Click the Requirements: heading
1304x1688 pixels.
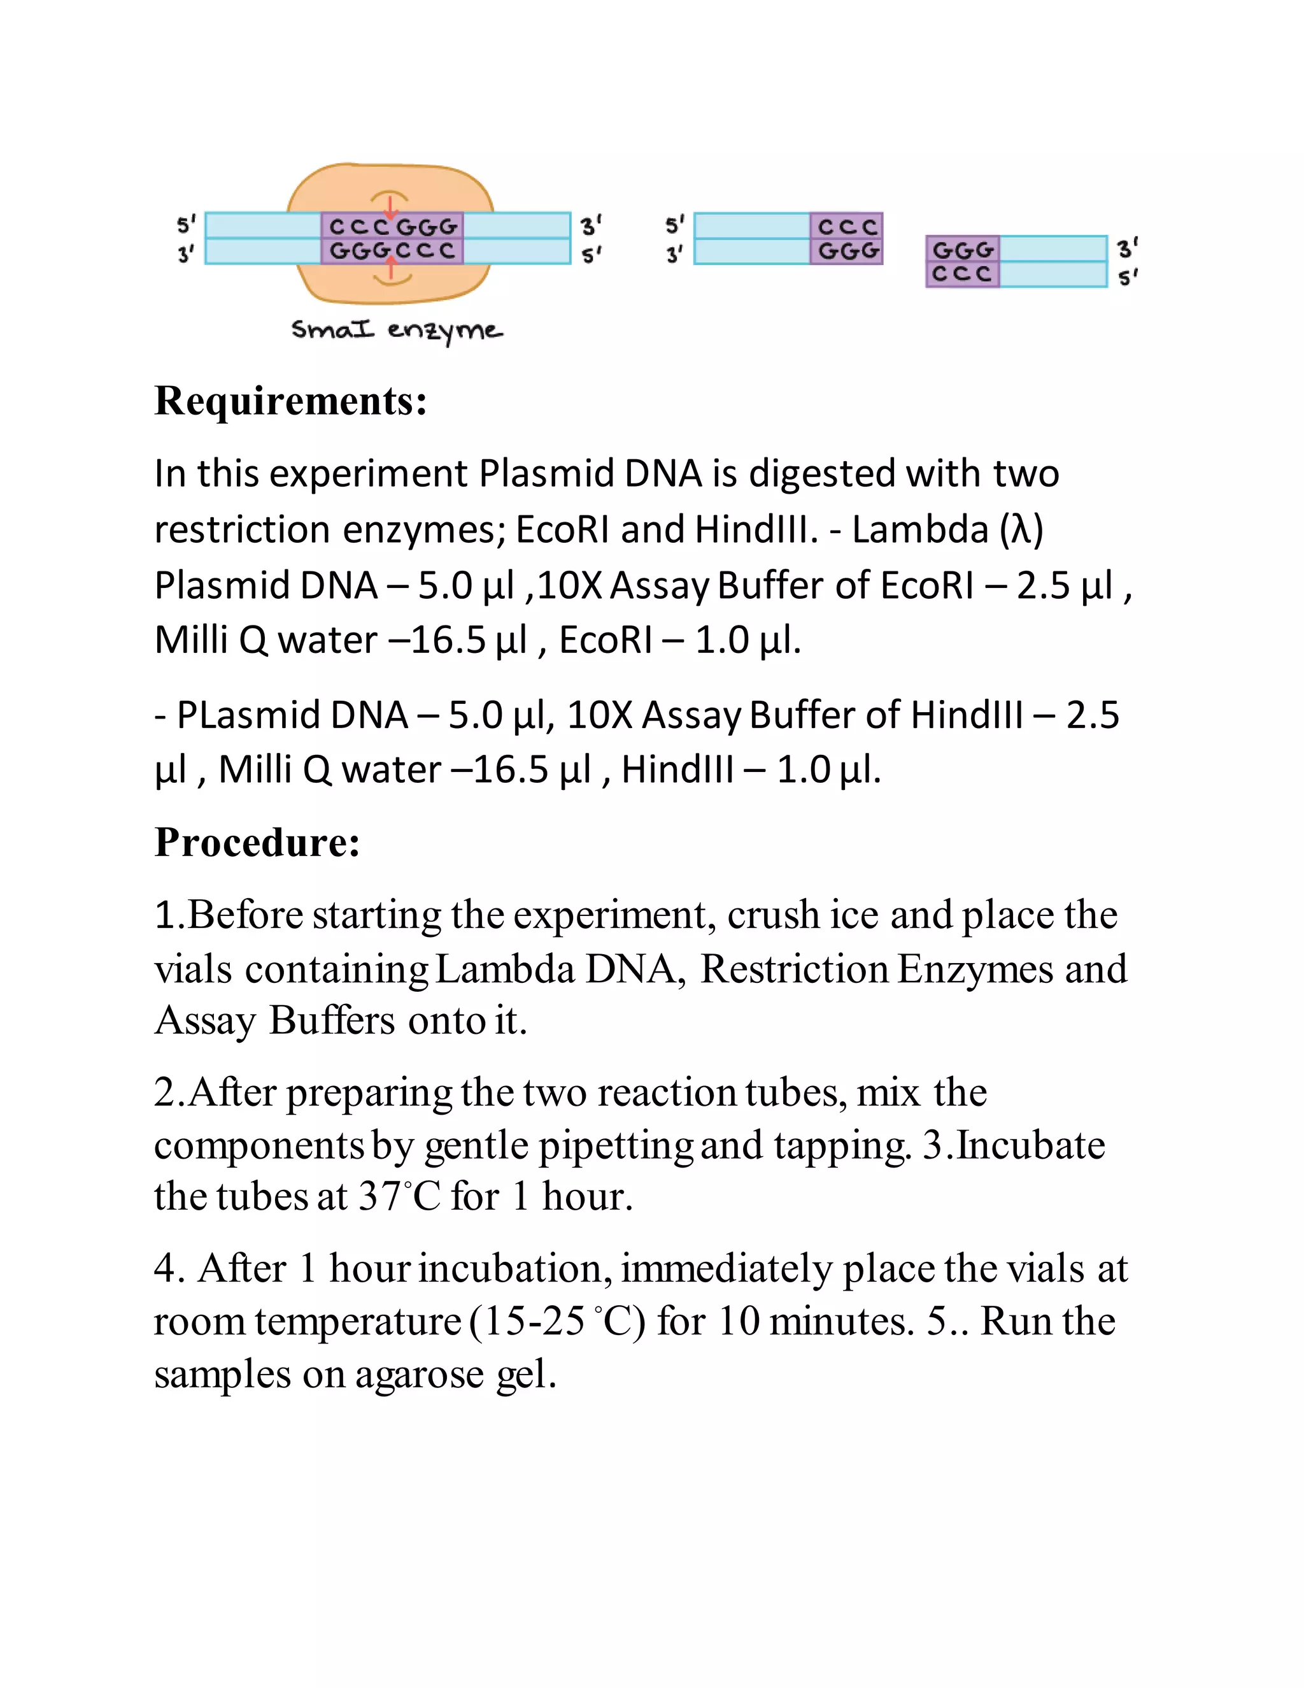(x=290, y=402)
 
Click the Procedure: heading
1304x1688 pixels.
(x=257, y=843)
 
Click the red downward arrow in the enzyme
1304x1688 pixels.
(x=391, y=207)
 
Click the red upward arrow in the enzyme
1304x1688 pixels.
(x=392, y=268)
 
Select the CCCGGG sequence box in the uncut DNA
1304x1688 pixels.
(x=392, y=227)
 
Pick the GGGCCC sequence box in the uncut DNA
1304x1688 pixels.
(x=392, y=251)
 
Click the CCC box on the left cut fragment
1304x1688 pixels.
(x=847, y=227)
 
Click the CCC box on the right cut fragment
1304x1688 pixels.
(x=962, y=275)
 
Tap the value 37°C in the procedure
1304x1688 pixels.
(x=399, y=1196)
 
